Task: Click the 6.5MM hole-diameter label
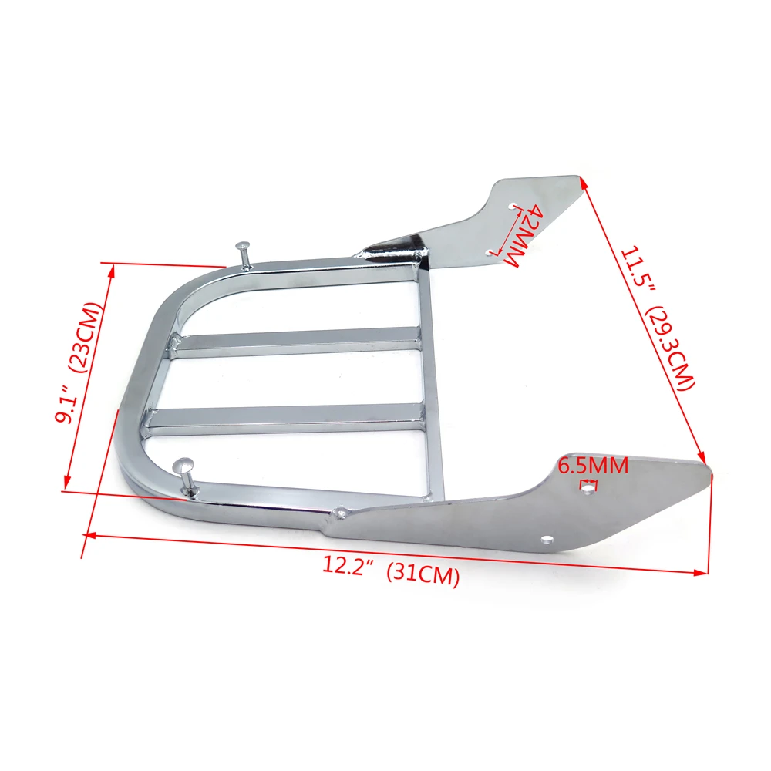click(x=593, y=466)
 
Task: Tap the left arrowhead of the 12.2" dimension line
click(x=86, y=534)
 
